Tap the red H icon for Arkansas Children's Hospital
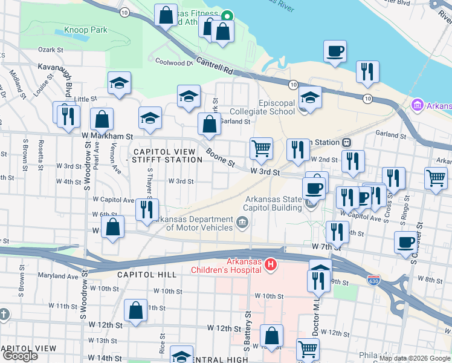[x=271, y=264]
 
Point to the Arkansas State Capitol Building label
[x=273, y=203]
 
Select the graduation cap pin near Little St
[x=120, y=83]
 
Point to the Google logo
[x=20, y=356]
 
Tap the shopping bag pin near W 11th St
[x=136, y=310]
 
